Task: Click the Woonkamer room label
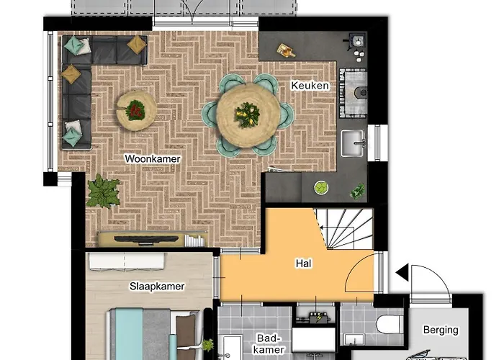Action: pyautogui.click(x=152, y=158)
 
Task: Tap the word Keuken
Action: pyautogui.click(x=310, y=86)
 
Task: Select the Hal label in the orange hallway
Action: pyautogui.click(x=303, y=264)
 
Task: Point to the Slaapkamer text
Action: pyautogui.click(x=157, y=286)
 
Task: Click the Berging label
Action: pyautogui.click(x=440, y=330)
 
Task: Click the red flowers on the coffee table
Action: pyautogui.click(x=135, y=110)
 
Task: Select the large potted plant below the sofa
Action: pyautogui.click(x=102, y=192)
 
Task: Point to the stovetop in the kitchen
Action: pyautogui.click(x=353, y=91)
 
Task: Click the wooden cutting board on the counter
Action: pyautogui.click(x=287, y=50)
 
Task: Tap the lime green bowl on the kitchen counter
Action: pyautogui.click(x=320, y=189)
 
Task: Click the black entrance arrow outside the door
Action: pyautogui.click(x=401, y=274)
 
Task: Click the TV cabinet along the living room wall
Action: pyautogui.click(x=151, y=238)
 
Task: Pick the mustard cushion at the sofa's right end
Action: pyautogui.click(x=136, y=45)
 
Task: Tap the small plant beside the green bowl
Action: pyautogui.click(x=357, y=191)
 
